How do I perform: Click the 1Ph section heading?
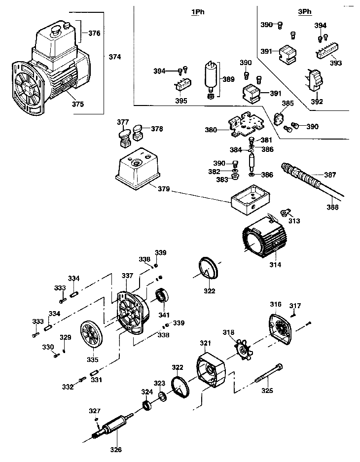point(198,12)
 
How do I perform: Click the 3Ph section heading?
point(305,12)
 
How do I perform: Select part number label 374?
point(114,57)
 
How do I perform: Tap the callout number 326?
point(115,450)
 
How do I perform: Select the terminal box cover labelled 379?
point(138,168)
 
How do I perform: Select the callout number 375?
point(78,104)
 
